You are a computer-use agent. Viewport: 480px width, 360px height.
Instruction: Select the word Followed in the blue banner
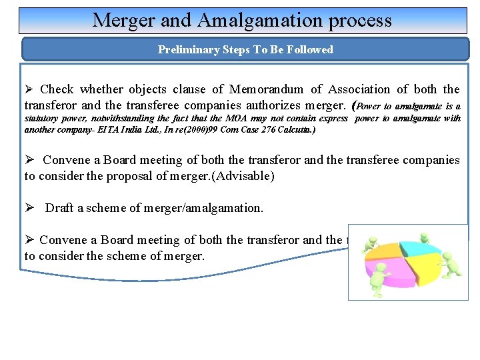click(x=310, y=49)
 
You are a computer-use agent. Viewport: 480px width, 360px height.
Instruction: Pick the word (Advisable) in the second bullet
click(x=241, y=176)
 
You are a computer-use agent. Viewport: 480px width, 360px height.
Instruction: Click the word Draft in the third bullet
click(x=59, y=208)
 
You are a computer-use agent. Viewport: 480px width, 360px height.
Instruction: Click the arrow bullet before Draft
click(x=29, y=208)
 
